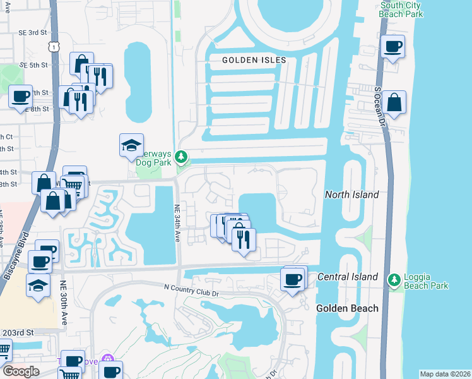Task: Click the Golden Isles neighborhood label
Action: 254,60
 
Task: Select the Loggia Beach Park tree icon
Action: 394,279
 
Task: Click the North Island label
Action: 351,195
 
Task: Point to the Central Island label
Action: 347,277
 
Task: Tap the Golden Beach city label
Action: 347,308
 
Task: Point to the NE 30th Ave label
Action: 63,302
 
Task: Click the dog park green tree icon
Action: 182,155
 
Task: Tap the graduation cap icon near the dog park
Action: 131,146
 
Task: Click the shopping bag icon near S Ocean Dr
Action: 394,103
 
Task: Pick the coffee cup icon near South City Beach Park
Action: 393,47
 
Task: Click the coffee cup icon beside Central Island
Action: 292,279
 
